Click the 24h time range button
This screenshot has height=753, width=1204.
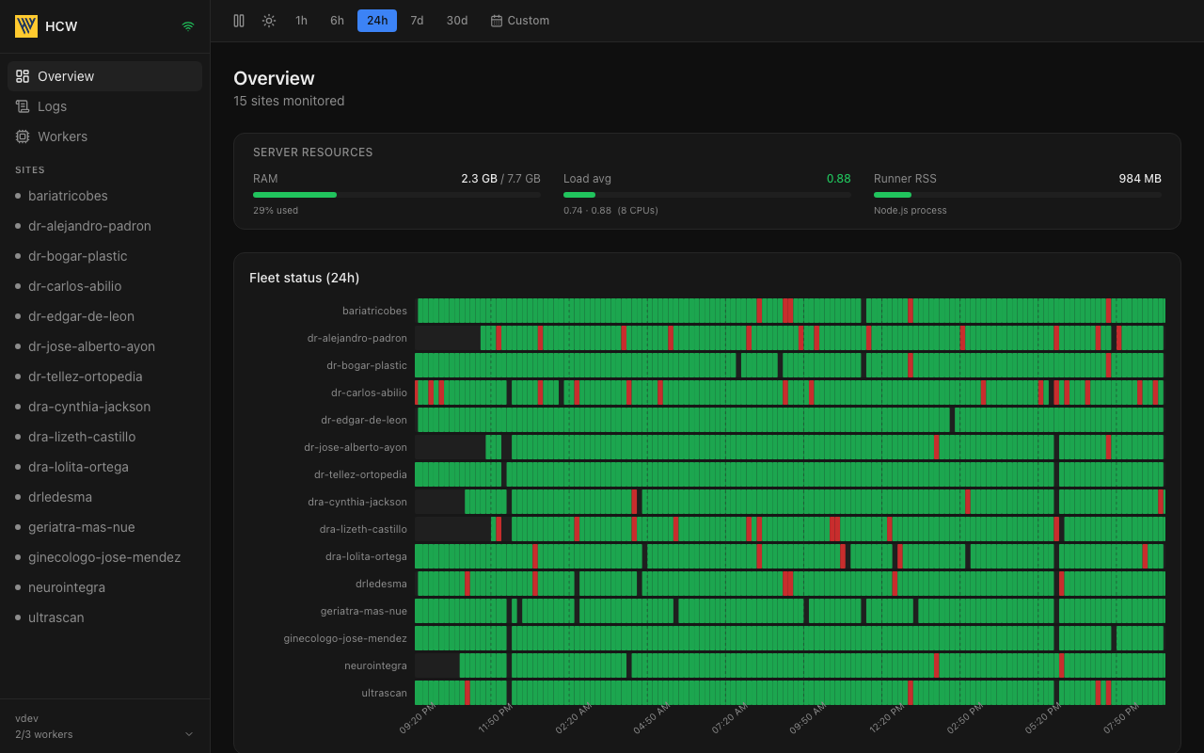point(377,21)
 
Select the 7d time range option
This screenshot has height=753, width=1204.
point(417,21)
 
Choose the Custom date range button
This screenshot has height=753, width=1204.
point(520,21)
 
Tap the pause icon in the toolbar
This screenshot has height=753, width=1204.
point(239,21)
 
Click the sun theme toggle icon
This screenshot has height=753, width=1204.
point(269,21)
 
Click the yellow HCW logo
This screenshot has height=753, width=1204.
point(26,25)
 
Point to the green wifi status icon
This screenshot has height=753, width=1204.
point(188,26)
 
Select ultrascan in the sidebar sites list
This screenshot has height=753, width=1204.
point(55,617)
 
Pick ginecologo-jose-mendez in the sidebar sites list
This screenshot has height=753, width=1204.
point(104,557)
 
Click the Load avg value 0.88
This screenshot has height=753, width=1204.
point(838,179)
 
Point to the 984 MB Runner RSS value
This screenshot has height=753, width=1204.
point(1140,179)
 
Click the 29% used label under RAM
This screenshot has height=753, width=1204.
point(276,210)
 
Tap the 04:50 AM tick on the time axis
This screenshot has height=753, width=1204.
point(652,718)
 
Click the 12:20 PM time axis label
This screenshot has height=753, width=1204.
point(887,718)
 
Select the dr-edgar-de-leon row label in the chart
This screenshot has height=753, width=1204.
point(364,420)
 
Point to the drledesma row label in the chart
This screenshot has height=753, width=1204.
point(381,585)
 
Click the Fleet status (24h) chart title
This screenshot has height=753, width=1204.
point(304,278)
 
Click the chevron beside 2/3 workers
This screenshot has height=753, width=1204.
point(189,734)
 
